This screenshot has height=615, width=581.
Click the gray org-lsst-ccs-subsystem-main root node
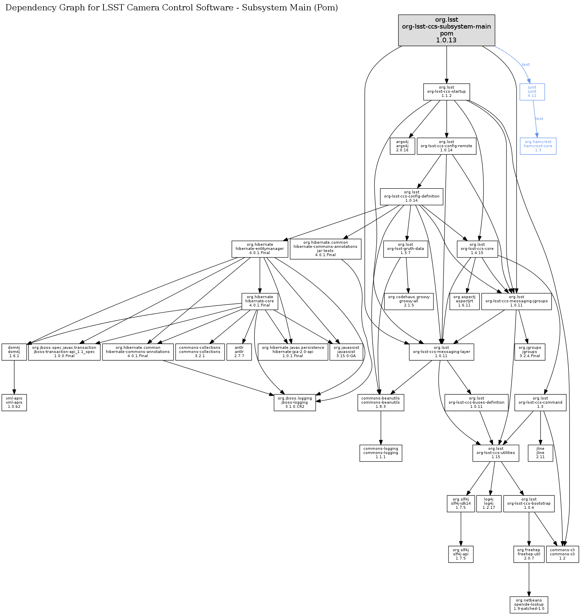(x=446, y=30)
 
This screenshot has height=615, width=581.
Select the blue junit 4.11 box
(x=532, y=92)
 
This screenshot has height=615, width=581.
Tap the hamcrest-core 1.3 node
(x=538, y=146)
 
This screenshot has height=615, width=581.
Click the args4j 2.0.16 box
(x=402, y=146)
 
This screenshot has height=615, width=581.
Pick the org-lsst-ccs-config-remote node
(x=446, y=146)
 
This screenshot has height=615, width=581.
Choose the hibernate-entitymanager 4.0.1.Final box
(x=260, y=249)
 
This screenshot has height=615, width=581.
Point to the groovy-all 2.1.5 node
(x=409, y=301)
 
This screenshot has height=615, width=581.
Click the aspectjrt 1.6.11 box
(x=464, y=301)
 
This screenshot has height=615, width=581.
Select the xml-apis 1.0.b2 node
(x=14, y=403)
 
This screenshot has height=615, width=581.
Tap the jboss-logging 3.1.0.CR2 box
(x=295, y=403)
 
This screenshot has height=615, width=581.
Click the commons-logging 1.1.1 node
(x=381, y=453)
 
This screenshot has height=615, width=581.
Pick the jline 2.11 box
(x=540, y=453)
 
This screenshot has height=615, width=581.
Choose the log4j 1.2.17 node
(x=489, y=504)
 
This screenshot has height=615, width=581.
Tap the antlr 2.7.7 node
(x=239, y=352)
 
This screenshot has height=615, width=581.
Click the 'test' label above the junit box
(x=526, y=64)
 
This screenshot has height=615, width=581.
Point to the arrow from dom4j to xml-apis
(x=14, y=377)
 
